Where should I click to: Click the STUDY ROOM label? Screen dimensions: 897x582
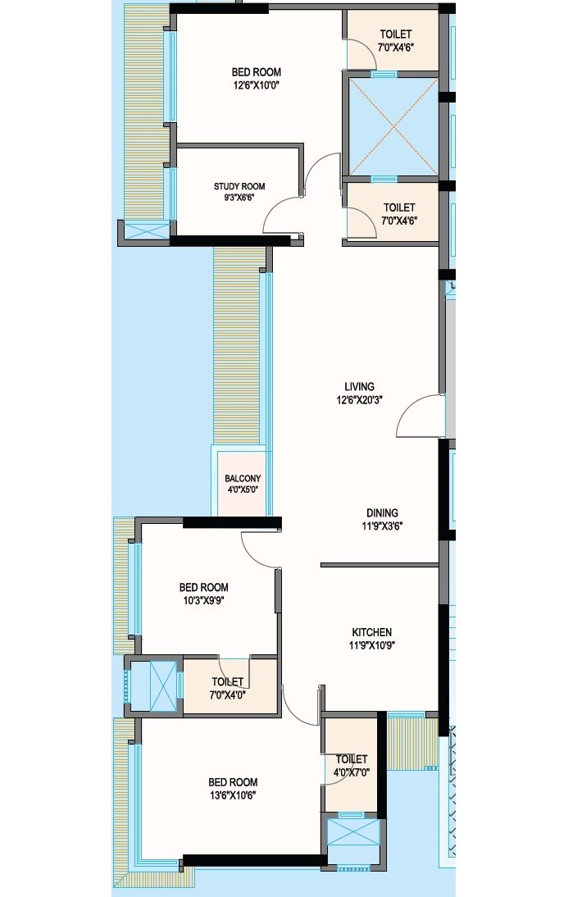click(x=239, y=186)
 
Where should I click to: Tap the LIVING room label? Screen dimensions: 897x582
click(x=359, y=386)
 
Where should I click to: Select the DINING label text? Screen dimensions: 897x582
click(x=382, y=513)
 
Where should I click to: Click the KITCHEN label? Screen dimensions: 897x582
click(x=372, y=632)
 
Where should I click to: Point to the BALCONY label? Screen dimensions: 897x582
click(x=243, y=480)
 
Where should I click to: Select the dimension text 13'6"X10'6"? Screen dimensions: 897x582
click(x=233, y=795)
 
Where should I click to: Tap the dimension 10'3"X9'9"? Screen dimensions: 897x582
click(x=204, y=600)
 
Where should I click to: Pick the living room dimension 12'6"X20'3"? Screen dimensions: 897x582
click(x=359, y=399)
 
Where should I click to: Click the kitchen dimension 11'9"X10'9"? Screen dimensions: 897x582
click(x=372, y=645)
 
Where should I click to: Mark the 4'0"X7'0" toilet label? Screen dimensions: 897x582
click(x=351, y=772)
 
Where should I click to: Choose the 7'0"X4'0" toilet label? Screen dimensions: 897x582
click(x=228, y=694)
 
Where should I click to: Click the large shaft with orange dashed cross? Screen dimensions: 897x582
click(x=393, y=127)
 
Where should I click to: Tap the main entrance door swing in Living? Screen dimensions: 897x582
click(x=420, y=417)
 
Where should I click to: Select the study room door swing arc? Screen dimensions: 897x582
click(x=281, y=215)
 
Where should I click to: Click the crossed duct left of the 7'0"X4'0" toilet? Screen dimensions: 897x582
click(x=153, y=684)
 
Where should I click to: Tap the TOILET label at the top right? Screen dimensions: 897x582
click(x=396, y=34)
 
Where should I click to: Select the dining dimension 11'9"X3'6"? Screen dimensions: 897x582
click(x=382, y=526)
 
